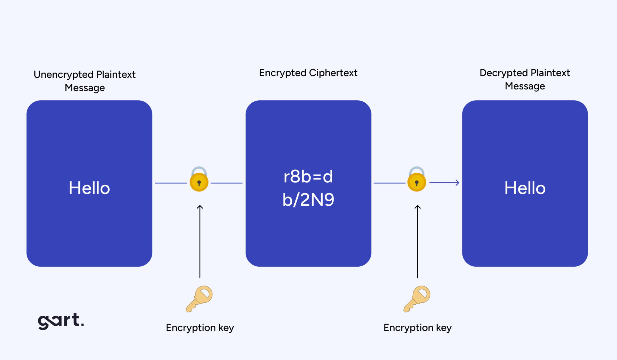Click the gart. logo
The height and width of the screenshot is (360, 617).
(x=61, y=321)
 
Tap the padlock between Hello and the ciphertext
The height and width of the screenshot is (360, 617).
(x=199, y=180)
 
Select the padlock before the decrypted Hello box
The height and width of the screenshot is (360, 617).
(x=417, y=180)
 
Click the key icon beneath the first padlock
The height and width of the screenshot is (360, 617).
(x=199, y=299)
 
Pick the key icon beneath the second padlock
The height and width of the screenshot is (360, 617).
(x=417, y=299)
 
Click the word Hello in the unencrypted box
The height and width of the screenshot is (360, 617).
(x=89, y=188)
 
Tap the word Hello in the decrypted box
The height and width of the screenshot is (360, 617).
(x=525, y=188)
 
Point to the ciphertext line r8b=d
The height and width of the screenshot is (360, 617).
(x=308, y=177)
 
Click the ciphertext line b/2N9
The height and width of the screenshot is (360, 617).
(x=308, y=200)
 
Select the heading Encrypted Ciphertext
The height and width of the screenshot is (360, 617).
(x=308, y=73)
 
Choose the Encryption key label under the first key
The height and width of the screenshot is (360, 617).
(x=200, y=328)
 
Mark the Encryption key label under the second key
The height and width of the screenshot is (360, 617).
(x=418, y=328)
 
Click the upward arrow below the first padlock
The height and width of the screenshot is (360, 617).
(x=200, y=241)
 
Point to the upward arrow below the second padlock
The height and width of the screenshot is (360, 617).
(x=418, y=241)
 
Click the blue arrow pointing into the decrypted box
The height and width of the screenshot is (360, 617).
(x=445, y=183)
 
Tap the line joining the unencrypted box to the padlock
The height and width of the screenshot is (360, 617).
(x=171, y=183)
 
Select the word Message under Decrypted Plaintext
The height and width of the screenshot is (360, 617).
(x=525, y=86)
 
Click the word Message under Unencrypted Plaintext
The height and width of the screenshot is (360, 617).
(x=85, y=88)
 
